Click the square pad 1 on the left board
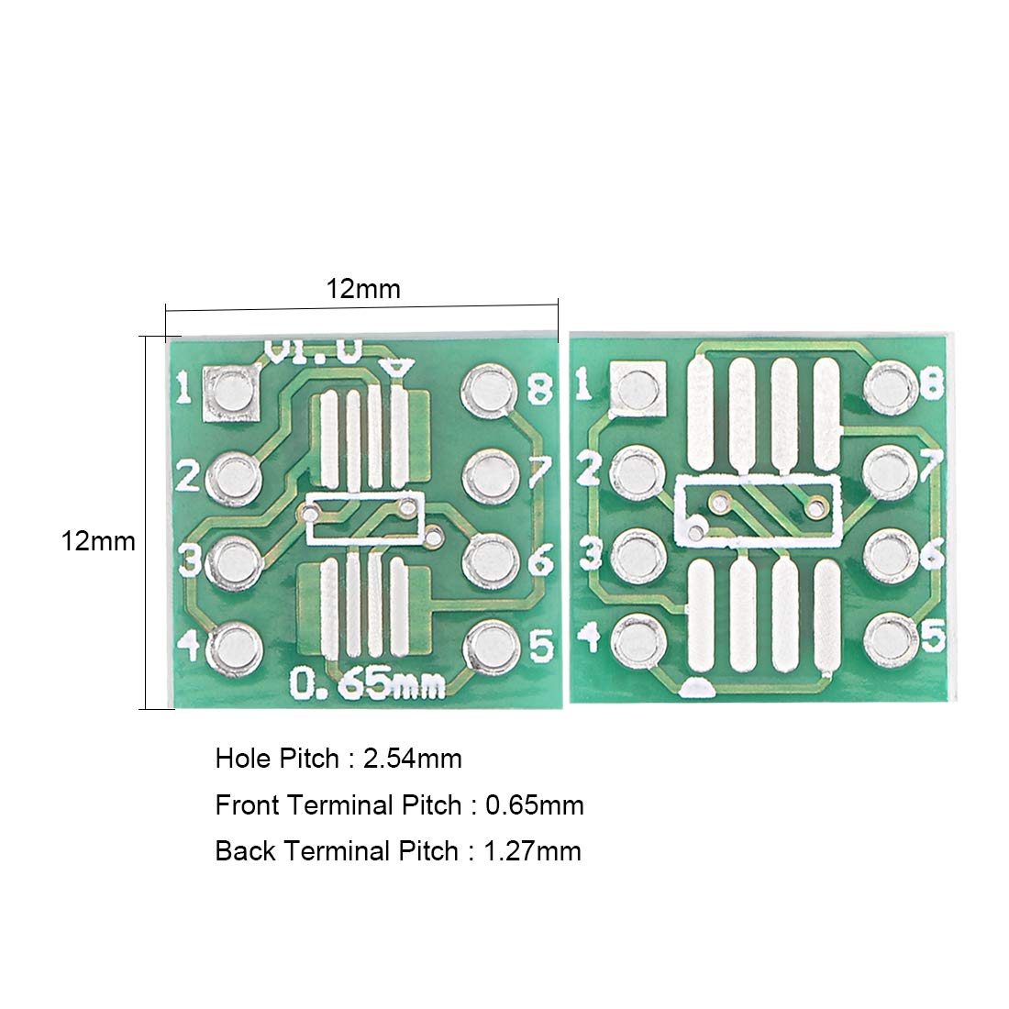tap(231, 394)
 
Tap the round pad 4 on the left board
tap(234, 649)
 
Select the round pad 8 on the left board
tap(489, 391)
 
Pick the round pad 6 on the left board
tap(491, 560)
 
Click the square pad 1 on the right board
tap(637, 388)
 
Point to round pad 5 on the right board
tap(891, 640)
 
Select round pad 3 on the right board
tap(638, 557)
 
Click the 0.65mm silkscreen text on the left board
tap(368, 683)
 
